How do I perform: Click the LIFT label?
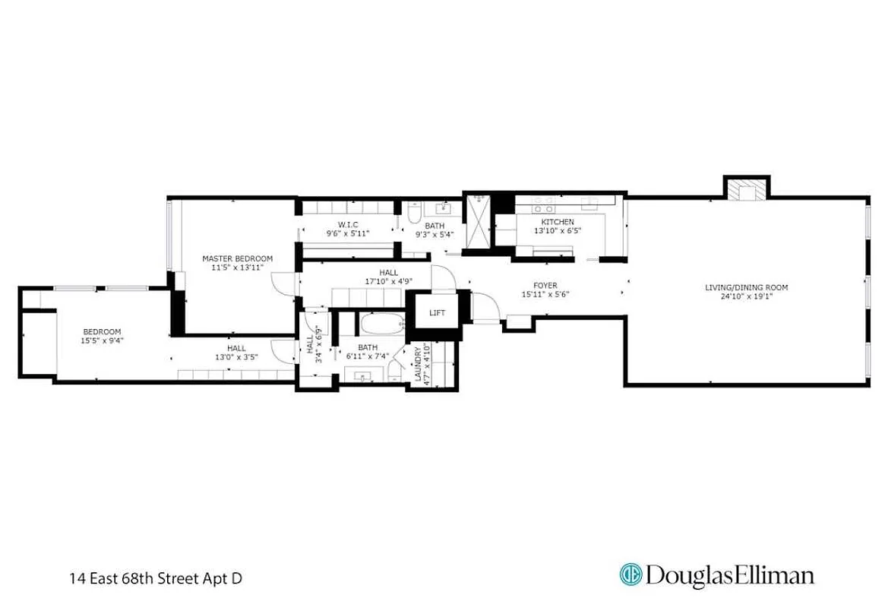(438, 313)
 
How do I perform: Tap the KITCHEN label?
(558, 222)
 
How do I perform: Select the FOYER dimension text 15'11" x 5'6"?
(545, 295)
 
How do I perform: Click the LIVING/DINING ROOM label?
(746, 287)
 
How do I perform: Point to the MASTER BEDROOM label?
(237, 258)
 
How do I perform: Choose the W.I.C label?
(348, 225)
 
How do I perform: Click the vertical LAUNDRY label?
(418, 365)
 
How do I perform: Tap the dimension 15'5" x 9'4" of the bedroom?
(102, 341)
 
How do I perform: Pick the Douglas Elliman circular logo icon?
(630, 575)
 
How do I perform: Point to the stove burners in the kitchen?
(542, 204)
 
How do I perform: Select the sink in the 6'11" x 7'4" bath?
(359, 375)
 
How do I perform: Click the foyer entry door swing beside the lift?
(485, 307)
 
